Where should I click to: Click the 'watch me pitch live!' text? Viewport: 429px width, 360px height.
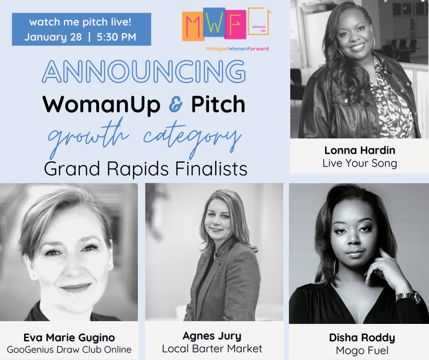[x=80, y=22]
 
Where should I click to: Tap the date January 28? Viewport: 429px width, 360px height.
[x=53, y=37]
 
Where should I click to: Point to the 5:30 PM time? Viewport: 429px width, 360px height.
[x=116, y=37]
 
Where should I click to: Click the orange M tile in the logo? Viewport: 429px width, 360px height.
[x=193, y=26]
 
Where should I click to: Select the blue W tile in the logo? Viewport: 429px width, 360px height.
[x=214, y=22]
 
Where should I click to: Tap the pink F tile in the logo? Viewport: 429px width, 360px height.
[x=235, y=25]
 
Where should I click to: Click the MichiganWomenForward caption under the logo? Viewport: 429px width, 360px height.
[x=237, y=49]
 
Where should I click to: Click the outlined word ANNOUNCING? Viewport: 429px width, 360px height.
[x=144, y=72]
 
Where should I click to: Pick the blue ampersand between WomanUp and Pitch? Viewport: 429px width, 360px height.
[x=176, y=104]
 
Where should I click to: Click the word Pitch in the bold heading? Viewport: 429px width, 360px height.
[x=218, y=104]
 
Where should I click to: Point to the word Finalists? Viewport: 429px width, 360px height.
[x=211, y=169]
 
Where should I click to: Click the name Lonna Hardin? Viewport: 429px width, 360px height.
[x=360, y=150]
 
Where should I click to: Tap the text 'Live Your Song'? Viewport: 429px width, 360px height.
[x=360, y=163]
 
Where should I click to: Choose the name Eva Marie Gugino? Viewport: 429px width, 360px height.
[x=69, y=338]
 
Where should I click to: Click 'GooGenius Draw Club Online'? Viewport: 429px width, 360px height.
[x=69, y=349]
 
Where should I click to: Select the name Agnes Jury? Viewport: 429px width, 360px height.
[x=212, y=336]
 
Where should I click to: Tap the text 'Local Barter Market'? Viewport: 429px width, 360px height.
[x=212, y=349]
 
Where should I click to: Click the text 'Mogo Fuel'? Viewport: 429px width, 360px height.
[x=362, y=350]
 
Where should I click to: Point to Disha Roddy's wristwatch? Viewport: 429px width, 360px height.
[x=408, y=297]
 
